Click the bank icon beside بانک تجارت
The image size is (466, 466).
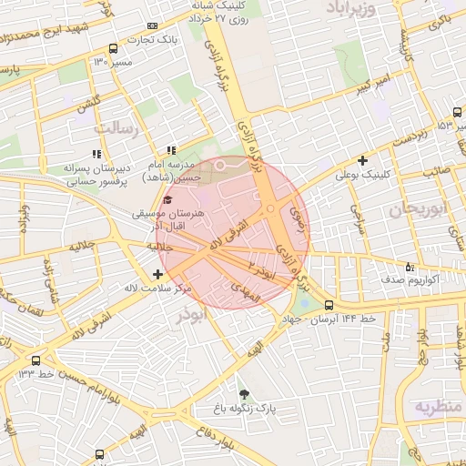pos(152,25)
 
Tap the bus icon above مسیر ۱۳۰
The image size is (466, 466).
pos(112,48)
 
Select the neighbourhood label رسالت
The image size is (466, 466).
pos(122,128)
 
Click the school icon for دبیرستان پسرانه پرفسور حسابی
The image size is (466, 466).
pos(96,154)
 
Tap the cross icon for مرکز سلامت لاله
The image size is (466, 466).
pos(159,274)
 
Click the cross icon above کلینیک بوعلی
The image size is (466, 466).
pos(363,160)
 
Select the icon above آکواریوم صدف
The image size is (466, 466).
pos(410,268)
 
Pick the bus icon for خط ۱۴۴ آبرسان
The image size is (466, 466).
pos(329,306)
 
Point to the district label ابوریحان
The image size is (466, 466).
pos(415,209)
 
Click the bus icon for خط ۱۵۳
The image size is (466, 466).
pos(457,125)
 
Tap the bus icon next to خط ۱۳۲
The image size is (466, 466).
pos(35,360)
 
